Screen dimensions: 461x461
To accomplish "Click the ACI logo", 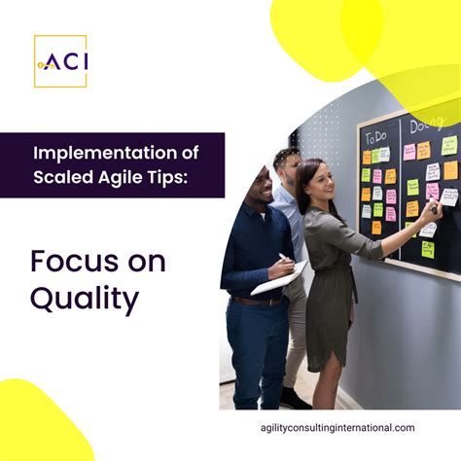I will [60, 61].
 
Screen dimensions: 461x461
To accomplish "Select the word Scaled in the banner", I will [63, 178].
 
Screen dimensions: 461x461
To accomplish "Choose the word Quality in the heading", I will [84, 300].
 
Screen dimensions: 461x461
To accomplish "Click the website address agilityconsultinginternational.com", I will [340, 428].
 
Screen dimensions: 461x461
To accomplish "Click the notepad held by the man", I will [278, 279].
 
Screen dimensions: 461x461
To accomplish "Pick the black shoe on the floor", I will [294, 400].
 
